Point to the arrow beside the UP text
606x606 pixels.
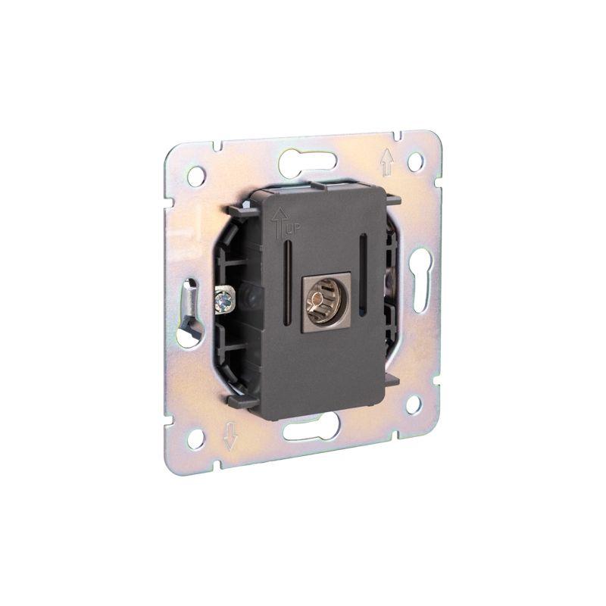[x=276, y=220]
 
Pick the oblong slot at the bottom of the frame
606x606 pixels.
[x=311, y=430]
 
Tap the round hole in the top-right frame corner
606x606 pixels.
[x=415, y=161]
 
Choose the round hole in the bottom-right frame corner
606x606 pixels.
[x=414, y=404]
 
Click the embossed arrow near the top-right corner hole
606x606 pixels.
[x=387, y=161]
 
